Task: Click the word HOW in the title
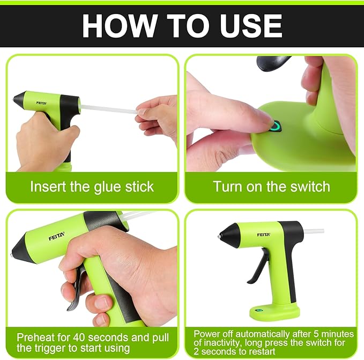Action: point(115,26)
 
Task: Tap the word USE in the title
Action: point(250,26)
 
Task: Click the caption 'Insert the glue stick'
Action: point(92,187)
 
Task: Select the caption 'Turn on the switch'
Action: point(271,187)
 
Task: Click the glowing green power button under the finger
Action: point(276,127)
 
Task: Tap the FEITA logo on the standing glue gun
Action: point(263,234)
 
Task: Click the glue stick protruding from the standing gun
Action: point(314,231)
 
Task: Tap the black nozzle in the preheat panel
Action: point(24,249)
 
